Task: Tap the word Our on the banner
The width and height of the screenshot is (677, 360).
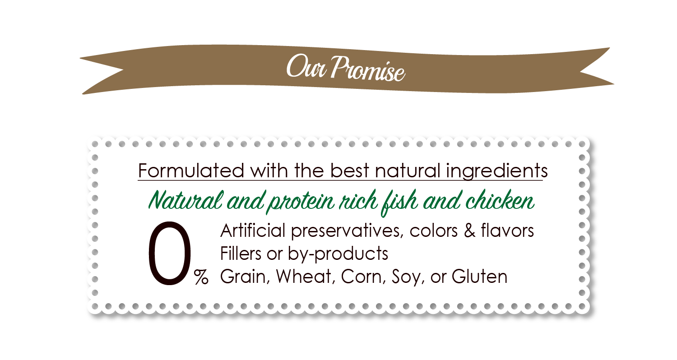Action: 306,66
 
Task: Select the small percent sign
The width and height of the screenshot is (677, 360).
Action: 201,277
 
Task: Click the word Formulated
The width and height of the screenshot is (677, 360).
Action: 191,171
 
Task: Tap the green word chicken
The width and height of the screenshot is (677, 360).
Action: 500,201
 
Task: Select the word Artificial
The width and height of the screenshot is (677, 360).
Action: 253,231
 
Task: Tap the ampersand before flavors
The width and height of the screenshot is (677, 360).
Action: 470,231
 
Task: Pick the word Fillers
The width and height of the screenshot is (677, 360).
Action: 241,254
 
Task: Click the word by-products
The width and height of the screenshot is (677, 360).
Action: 338,254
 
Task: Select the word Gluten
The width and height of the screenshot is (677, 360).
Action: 479,277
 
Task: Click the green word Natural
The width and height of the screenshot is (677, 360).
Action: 185,201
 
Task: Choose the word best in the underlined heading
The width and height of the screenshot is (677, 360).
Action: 349,171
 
